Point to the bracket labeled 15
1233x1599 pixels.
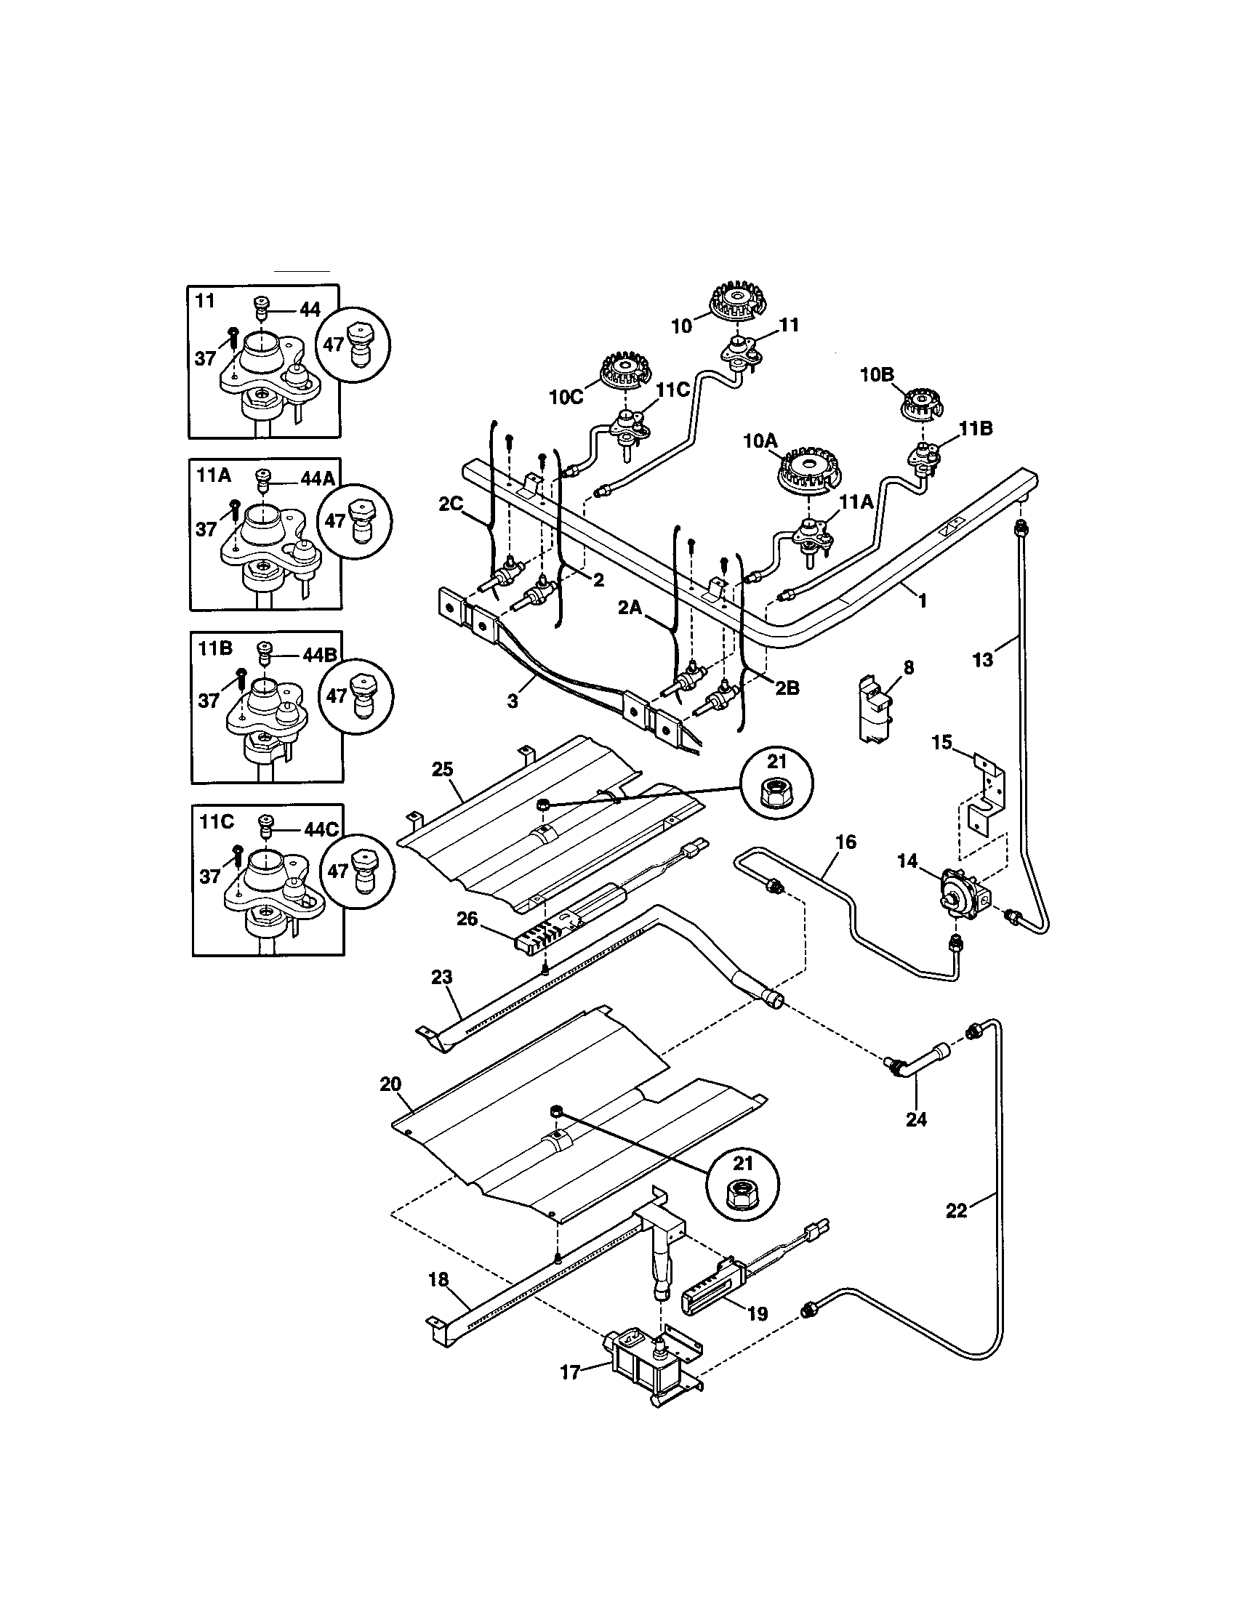click(x=985, y=799)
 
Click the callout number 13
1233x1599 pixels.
click(x=982, y=659)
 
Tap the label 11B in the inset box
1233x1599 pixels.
click(x=215, y=648)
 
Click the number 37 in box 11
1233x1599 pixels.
click(x=206, y=358)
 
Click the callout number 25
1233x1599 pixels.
click(x=442, y=769)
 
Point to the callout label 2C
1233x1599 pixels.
click(x=451, y=504)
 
